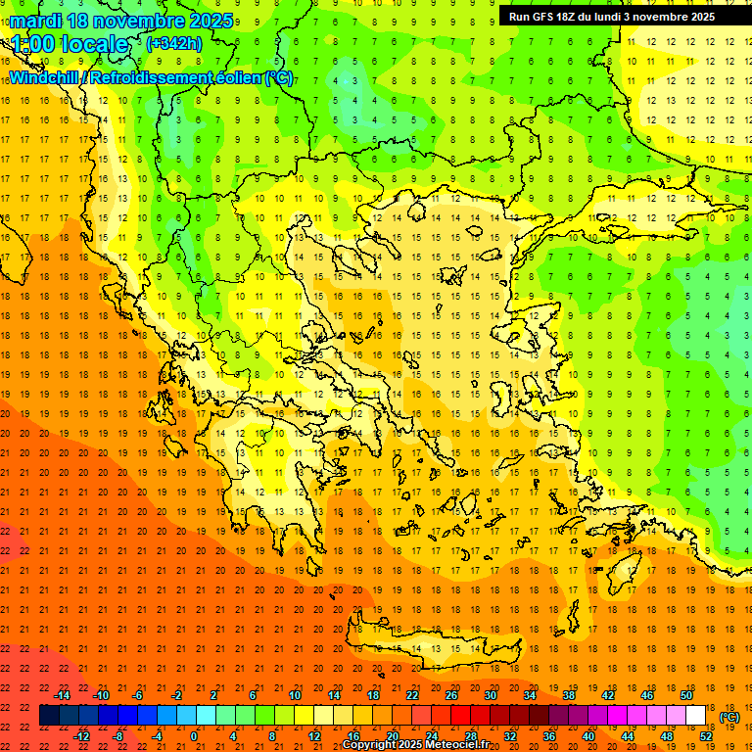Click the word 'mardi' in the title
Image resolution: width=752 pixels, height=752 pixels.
pos(33,20)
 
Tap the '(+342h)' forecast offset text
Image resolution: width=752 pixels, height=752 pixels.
pos(174,43)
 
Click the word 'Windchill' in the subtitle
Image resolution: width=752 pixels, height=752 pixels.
pos(49,77)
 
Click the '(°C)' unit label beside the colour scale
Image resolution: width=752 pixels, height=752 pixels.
pos(729,717)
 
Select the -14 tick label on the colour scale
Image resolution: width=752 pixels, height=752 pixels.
pos(61,695)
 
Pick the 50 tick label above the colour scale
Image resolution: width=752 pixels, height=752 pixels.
pos(686,695)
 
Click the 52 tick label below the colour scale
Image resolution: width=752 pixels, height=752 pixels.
pos(706,736)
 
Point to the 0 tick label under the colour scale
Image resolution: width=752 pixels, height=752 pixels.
pos(194,736)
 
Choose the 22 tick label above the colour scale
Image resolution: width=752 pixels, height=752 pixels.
pos(412,695)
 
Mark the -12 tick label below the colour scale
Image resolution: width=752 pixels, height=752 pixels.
pos(81,736)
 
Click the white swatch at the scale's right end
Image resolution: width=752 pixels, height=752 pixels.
pos(696,716)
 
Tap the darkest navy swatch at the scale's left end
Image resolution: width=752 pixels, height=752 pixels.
pos(49,716)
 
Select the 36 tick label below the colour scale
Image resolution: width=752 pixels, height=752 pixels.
pos(549,736)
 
